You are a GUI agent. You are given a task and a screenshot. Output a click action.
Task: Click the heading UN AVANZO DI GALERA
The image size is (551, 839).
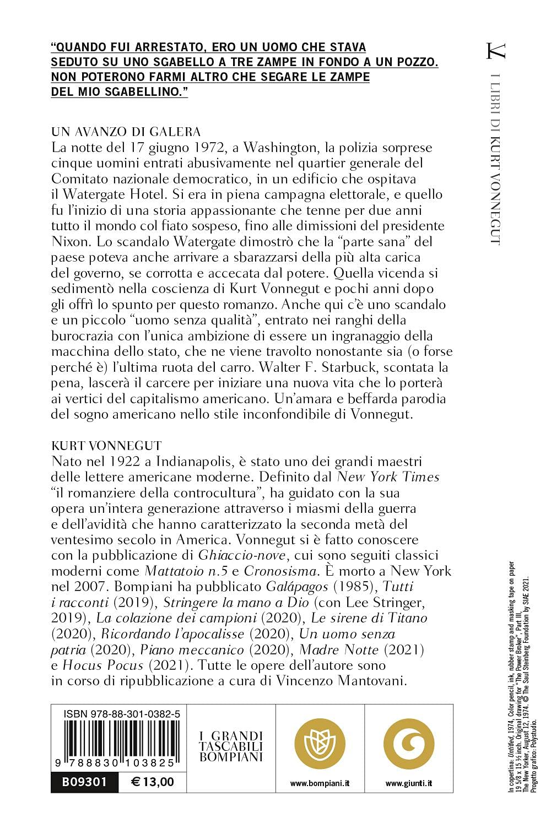click(x=126, y=132)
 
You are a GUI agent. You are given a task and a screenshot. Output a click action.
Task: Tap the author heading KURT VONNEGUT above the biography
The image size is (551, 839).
click(x=106, y=446)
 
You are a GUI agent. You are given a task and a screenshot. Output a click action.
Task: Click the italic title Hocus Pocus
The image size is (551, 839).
click(x=102, y=665)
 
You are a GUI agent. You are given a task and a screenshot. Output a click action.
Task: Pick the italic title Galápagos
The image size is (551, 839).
click(x=297, y=587)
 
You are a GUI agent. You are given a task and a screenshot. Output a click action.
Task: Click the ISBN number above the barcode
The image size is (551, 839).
click(x=122, y=714)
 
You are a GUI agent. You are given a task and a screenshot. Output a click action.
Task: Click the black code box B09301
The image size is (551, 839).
click(x=84, y=782)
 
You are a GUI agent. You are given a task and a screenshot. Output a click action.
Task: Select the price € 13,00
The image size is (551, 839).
click(x=153, y=782)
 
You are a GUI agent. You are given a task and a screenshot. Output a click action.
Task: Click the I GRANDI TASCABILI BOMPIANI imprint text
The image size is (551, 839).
click(x=231, y=746)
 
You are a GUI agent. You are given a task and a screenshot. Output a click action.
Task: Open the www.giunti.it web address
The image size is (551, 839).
click(x=408, y=783)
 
